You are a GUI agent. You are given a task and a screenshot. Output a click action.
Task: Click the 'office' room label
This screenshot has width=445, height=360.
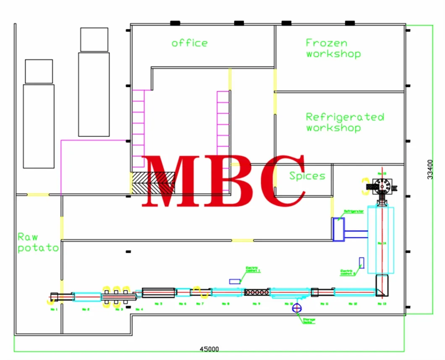pyautogui.click(x=189, y=43)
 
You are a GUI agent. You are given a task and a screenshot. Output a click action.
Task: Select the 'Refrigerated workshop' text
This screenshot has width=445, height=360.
pyautogui.click(x=344, y=122)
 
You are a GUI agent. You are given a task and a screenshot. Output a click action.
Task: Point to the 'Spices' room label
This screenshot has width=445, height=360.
pyautogui.click(x=307, y=176)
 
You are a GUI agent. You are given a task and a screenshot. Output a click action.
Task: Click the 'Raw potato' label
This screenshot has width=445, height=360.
pyautogui.click(x=38, y=243)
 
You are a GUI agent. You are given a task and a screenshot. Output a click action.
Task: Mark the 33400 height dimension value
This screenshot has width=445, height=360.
pyautogui.click(x=429, y=169)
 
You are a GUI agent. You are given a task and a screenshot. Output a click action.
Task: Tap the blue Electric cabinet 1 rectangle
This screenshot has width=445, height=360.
pyautogui.click(x=235, y=281)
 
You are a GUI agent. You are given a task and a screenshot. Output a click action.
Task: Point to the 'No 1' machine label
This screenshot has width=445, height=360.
pyautogui.click(x=54, y=310)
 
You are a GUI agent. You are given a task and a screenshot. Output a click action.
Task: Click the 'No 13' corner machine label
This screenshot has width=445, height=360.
pyautogui.click(x=382, y=303)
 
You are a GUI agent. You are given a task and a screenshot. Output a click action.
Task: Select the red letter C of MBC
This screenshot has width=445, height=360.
pyautogui.click(x=282, y=180)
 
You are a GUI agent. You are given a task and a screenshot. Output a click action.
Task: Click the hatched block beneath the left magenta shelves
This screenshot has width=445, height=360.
pyautogui.click(x=152, y=183)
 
